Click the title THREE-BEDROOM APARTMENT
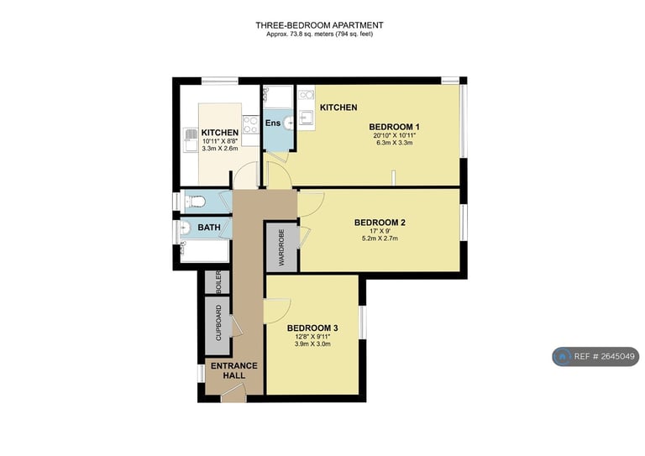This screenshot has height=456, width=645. (319, 25)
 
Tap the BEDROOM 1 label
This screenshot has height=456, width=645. (394, 127)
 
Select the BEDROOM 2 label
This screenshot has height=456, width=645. (380, 223)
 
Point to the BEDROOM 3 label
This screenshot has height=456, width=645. (312, 328)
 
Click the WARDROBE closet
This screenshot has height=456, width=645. (282, 247)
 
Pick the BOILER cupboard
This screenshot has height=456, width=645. (218, 282)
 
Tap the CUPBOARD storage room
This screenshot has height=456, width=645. (218, 325)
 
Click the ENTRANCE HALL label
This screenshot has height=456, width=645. (234, 370)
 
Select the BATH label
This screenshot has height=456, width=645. (209, 228)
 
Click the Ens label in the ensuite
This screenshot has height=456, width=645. (273, 123)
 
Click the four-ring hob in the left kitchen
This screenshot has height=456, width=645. (250, 124)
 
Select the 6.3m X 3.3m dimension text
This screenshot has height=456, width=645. (394, 143)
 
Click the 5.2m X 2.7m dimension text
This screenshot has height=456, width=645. (380, 238)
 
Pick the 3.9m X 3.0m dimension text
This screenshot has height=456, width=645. (312, 343)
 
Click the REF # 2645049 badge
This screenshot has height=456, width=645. (595, 357)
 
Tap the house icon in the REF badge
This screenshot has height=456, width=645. (562, 357)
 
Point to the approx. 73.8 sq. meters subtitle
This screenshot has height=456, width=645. (319, 34)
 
